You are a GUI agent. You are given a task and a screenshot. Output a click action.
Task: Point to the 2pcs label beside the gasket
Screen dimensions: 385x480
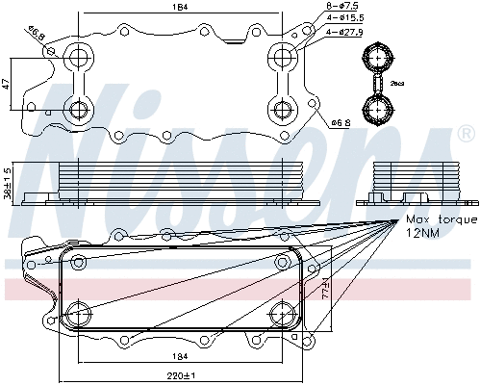click(397, 84)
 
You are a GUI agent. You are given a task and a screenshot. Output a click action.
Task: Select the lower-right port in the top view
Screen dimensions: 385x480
click(283, 108)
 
